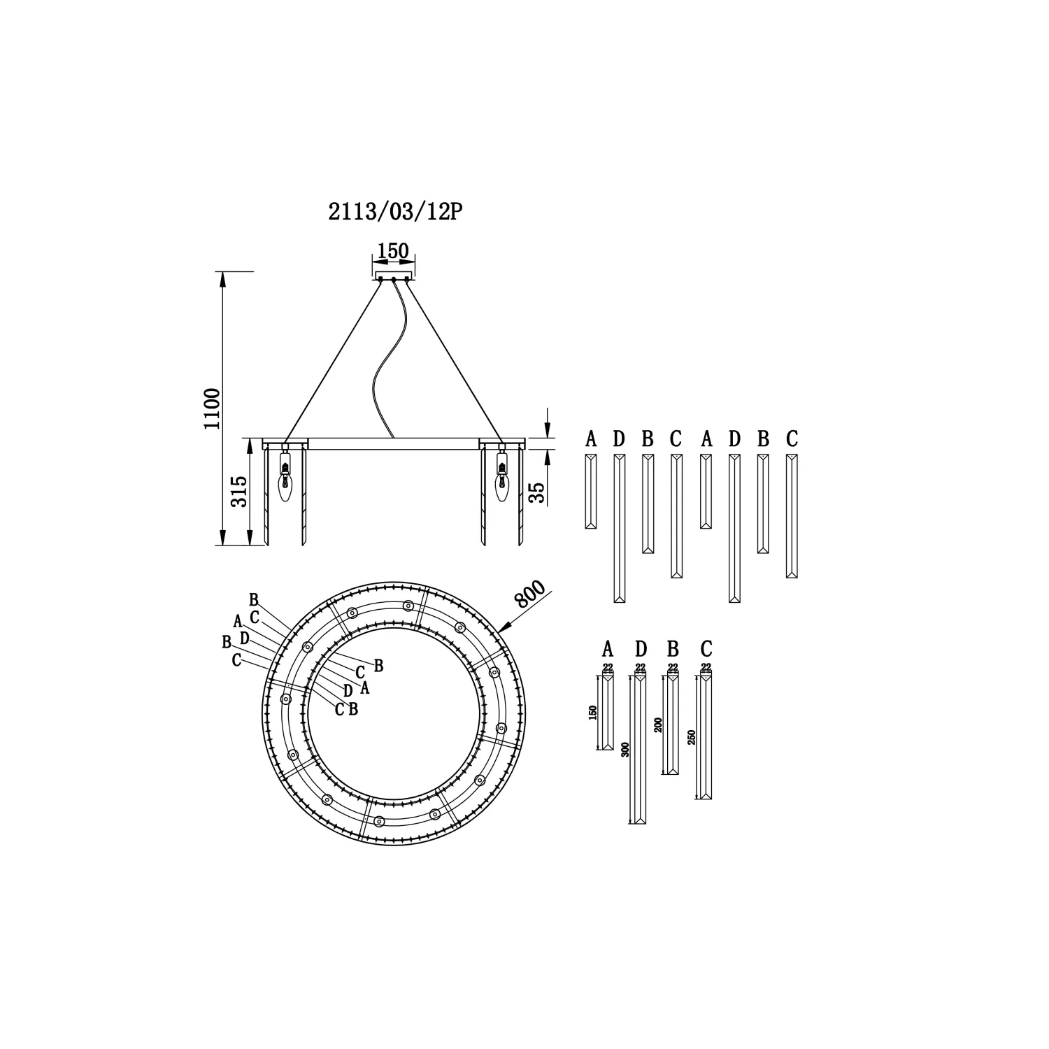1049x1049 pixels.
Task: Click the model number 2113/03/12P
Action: [396, 213]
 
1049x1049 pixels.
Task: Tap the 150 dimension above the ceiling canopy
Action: [393, 251]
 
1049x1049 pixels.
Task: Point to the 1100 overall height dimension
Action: [213, 408]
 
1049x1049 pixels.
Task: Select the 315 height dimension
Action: [238, 492]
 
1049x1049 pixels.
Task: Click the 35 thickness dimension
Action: [537, 492]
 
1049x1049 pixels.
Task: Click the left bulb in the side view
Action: [285, 479]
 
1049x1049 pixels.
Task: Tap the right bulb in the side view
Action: [501, 479]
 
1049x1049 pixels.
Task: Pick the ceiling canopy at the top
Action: [393, 276]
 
